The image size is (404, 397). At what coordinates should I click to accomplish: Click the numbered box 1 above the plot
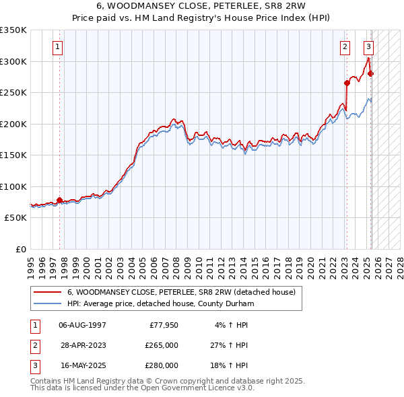[58, 47]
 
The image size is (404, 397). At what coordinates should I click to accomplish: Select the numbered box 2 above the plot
[345, 47]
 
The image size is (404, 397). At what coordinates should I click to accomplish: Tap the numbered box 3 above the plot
[368, 47]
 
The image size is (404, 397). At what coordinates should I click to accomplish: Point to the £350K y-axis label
[13, 30]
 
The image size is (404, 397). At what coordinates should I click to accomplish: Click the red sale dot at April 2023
[347, 83]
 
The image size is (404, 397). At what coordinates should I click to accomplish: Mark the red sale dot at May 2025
[370, 74]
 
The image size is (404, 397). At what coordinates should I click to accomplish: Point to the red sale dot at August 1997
[59, 200]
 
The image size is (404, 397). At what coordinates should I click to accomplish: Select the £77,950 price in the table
[162, 325]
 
